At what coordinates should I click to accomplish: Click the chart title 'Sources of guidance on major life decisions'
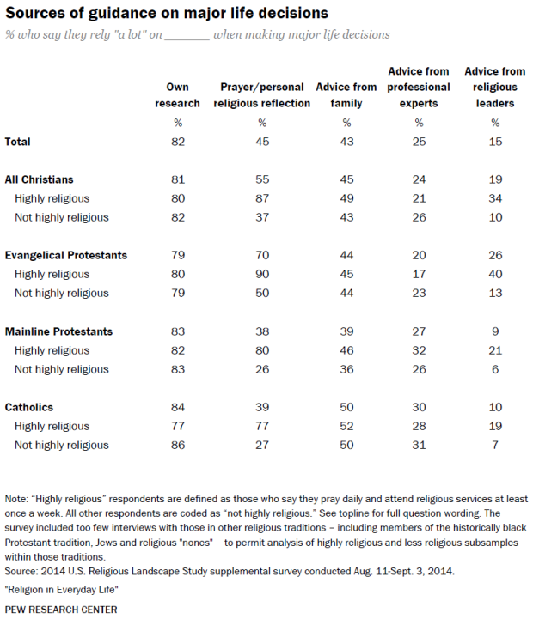pos(168,13)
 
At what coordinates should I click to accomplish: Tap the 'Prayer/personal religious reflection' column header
pos(262,95)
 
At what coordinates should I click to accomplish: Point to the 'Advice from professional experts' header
pos(419,87)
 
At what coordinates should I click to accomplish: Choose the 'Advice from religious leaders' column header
pos(494,87)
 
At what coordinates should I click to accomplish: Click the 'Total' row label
pos(23,141)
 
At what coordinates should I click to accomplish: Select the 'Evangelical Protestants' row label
pos(66,255)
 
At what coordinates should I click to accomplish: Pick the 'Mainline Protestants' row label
pos(59,331)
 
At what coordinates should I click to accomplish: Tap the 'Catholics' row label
pos(31,407)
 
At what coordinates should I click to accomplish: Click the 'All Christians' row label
pos(40,179)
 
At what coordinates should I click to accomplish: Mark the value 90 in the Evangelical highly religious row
pos(262,275)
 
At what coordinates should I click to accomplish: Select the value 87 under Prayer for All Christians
pos(262,198)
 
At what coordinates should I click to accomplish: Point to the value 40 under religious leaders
pos(494,275)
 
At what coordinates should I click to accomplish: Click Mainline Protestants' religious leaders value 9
pos(494,331)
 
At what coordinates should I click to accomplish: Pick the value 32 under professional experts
pos(419,350)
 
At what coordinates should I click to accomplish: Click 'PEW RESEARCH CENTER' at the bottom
pos(61,610)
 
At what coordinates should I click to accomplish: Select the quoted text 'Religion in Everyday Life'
pos(64,592)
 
